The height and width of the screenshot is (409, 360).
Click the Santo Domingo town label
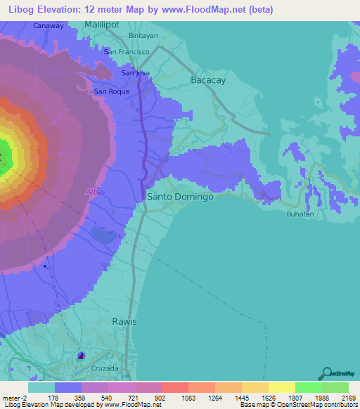(180, 197)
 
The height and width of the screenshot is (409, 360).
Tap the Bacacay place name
(208, 81)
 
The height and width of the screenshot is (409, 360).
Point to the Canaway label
(49, 26)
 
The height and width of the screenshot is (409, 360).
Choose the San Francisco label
(127, 52)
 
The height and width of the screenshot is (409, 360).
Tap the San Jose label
(136, 73)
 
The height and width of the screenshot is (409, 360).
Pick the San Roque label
(110, 91)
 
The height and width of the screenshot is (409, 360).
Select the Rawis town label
(124, 321)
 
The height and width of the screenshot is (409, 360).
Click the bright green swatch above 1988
(308, 387)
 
